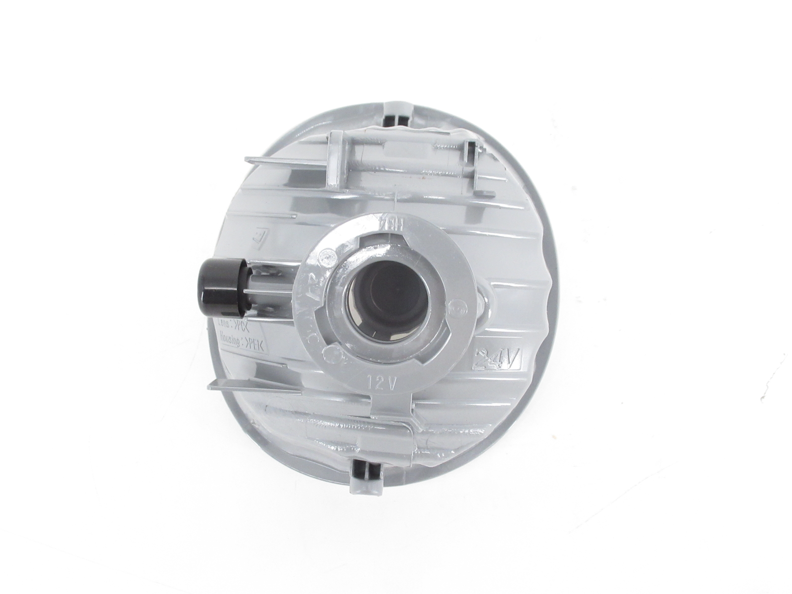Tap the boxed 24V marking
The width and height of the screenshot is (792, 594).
click(x=495, y=358)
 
